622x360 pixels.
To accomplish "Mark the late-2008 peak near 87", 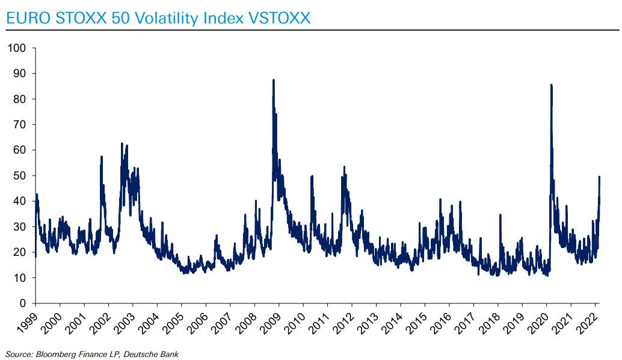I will click(x=274, y=80).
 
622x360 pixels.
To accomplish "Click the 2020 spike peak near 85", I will click(x=551, y=85).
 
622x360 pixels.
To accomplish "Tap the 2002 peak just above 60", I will click(x=122, y=143).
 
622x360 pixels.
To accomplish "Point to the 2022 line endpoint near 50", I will click(x=599, y=176).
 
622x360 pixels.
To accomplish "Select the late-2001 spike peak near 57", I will click(x=102, y=157).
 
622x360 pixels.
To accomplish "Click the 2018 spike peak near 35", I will click(x=499, y=215).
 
